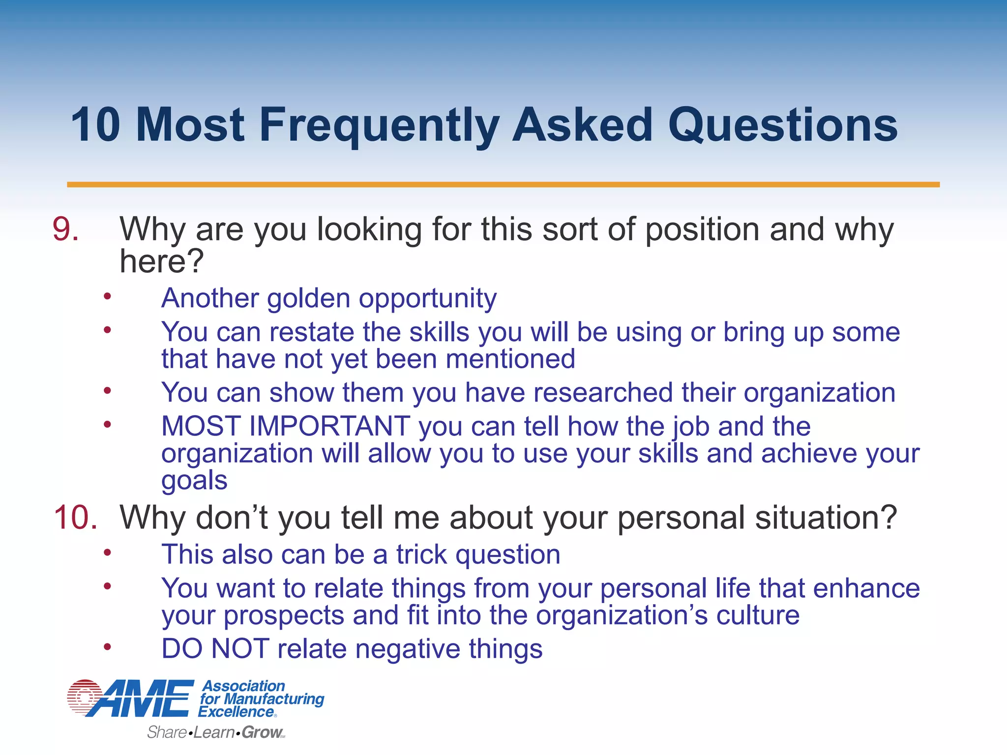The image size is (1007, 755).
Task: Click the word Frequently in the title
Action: pyautogui.click(x=379, y=126)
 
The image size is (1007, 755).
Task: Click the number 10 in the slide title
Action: pyautogui.click(x=95, y=126)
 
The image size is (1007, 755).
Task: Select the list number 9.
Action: pyautogui.click(x=65, y=230)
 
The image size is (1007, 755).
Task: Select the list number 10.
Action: pyautogui.click(x=75, y=518)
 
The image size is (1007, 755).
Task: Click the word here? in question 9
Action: pyautogui.click(x=161, y=261)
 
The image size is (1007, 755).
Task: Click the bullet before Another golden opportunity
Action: pyautogui.click(x=107, y=296)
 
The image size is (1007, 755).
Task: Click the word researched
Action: pyautogui.click(x=603, y=393)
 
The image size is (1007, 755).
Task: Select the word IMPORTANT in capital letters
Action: pyautogui.click(x=329, y=426)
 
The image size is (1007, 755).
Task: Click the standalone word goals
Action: pyautogui.click(x=194, y=480)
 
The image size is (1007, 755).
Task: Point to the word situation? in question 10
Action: pyautogui.click(x=826, y=518)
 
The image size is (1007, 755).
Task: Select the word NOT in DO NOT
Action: pyautogui.click(x=240, y=649)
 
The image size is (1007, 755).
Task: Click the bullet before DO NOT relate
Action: pyautogui.click(x=107, y=647)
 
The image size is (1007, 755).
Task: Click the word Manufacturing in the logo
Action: pyautogui.click(x=274, y=699)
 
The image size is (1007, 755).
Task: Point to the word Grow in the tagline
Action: pyautogui.click(x=262, y=732)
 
